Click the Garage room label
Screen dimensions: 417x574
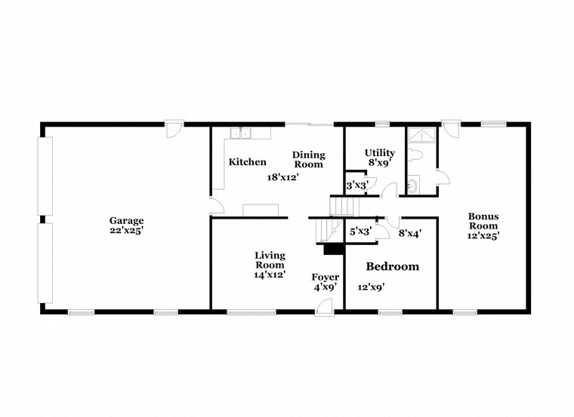click(x=125, y=221)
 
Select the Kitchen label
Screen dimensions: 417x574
click(x=248, y=162)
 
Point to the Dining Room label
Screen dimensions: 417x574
click(x=308, y=159)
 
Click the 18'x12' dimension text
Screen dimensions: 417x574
click(x=283, y=177)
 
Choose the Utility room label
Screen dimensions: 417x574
click(x=379, y=153)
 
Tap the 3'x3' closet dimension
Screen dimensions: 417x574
click(x=356, y=185)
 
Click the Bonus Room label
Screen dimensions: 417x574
click(x=483, y=220)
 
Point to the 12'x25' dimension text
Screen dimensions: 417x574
click(x=483, y=235)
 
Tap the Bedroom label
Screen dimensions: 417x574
click(x=392, y=267)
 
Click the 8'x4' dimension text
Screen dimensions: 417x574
click(x=409, y=233)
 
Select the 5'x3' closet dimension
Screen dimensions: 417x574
click(x=360, y=232)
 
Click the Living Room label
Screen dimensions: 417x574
click(x=270, y=260)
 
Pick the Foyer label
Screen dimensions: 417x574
click(x=326, y=277)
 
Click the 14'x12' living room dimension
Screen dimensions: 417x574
click(x=270, y=275)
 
